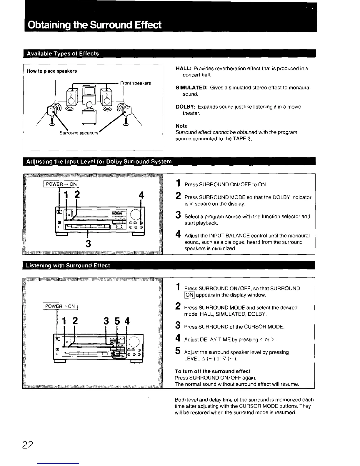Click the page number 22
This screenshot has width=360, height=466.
click(x=28, y=445)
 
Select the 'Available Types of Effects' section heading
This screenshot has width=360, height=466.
click(x=63, y=54)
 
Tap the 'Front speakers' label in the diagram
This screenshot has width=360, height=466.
click(x=136, y=83)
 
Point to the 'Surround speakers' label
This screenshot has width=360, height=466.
click(x=79, y=133)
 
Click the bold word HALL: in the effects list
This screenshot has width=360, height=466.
click(x=184, y=69)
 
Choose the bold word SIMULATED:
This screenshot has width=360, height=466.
click(x=192, y=88)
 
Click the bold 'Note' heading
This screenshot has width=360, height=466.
click(x=181, y=126)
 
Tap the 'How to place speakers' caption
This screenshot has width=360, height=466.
click(x=52, y=71)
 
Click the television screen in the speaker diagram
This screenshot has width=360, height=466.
click(x=89, y=90)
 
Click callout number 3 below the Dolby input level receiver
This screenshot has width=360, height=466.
click(x=88, y=244)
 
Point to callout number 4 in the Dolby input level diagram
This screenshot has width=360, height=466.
click(x=141, y=195)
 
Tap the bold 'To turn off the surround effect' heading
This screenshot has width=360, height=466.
click(x=213, y=371)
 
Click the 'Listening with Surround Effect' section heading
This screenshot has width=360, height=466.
click(x=68, y=266)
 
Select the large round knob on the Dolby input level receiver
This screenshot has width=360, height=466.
click(x=135, y=213)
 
